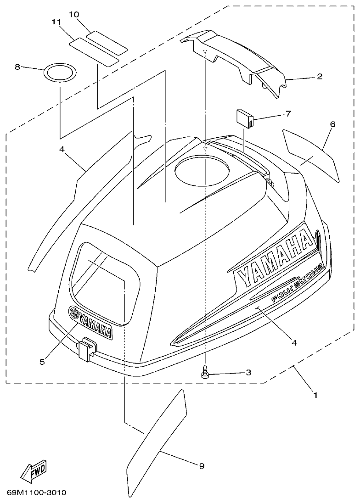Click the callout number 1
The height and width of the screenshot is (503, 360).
point(315,394)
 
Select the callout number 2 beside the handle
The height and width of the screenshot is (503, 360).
point(320,77)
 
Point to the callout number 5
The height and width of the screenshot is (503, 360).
point(42,362)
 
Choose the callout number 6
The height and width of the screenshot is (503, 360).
point(332,124)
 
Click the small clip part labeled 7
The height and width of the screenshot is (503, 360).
point(244,117)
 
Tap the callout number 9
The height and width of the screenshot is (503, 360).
point(202,466)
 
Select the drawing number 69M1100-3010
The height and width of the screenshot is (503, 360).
point(37,492)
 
